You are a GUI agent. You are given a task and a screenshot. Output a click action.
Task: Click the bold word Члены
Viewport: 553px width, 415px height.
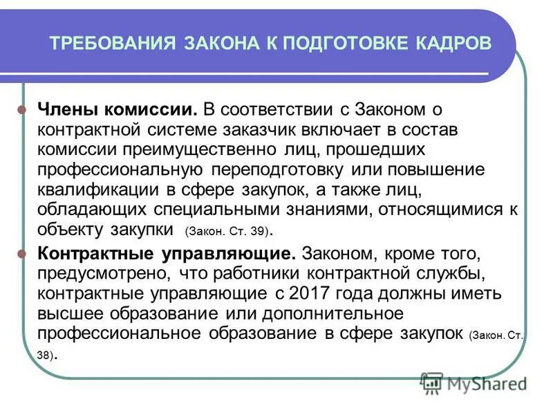click(x=64, y=110)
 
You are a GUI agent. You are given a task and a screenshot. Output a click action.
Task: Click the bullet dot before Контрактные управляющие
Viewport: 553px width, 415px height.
click(x=21, y=253)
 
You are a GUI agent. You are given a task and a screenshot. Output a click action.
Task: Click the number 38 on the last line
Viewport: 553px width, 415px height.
click(x=44, y=356)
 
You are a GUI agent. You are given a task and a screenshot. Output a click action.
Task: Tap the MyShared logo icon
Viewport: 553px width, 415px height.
click(x=432, y=382)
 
